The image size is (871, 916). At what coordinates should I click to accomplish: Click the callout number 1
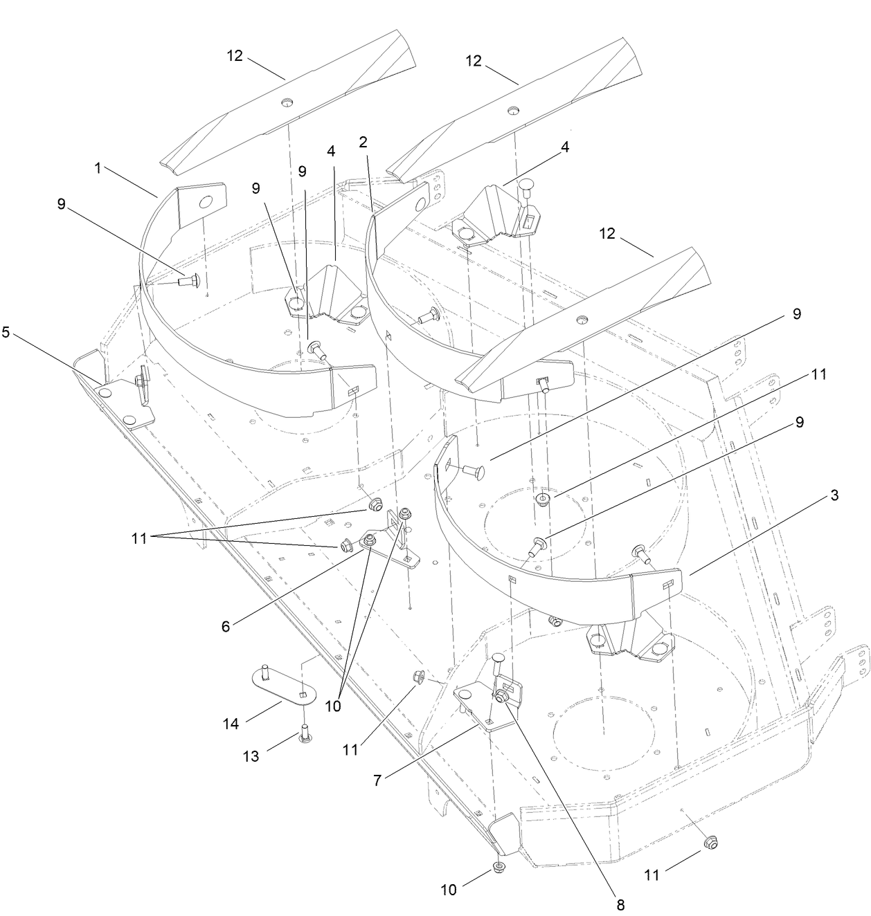pos(98,168)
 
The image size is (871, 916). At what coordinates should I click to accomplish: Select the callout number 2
pos(363,142)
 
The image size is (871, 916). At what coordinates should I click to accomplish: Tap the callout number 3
pos(834,495)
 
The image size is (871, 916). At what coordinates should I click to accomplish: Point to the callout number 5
pos(6,332)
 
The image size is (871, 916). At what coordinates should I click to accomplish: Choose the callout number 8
pos(620,903)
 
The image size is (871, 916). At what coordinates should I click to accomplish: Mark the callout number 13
pos(251,756)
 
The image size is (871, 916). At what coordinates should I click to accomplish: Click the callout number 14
pos(231,724)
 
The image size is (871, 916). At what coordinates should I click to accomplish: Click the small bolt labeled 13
pos(303,733)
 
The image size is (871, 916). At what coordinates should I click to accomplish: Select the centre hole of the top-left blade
pos(286,102)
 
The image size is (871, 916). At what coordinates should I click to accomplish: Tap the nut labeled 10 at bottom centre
pos(498,868)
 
